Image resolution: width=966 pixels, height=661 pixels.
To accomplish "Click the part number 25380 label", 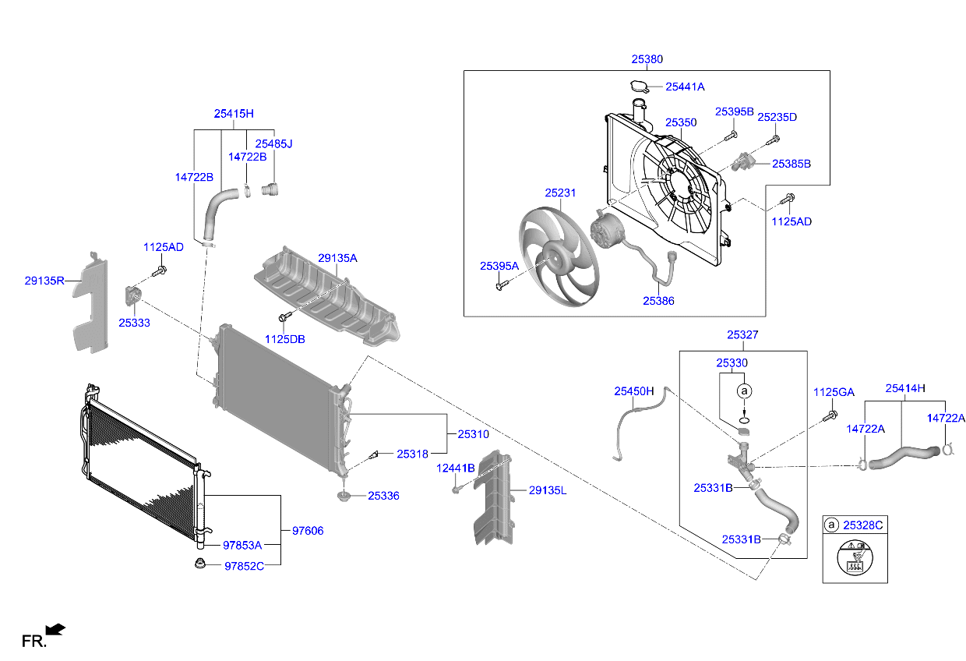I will tap(647, 58).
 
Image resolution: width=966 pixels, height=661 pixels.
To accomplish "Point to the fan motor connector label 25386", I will tap(658, 300).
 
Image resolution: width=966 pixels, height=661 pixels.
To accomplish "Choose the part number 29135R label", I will tap(44, 281).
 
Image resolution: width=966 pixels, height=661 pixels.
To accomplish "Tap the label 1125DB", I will tap(284, 339).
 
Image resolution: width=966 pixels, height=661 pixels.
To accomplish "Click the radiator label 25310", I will tap(473, 433).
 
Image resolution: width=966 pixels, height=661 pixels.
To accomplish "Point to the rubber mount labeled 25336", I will tap(343, 496).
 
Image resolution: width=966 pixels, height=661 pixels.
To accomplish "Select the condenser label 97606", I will tap(308, 531).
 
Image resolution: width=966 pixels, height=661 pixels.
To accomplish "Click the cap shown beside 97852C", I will tap(200, 564).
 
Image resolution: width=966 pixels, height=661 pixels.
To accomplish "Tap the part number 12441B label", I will tap(455, 468).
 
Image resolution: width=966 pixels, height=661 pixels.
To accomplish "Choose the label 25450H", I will tap(633, 391).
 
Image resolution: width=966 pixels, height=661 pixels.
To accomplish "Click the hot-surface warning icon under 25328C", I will tap(855, 561).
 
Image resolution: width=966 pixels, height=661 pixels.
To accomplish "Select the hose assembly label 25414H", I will tap(905, 387).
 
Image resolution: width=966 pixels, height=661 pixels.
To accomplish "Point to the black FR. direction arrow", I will tap(55, 628).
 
